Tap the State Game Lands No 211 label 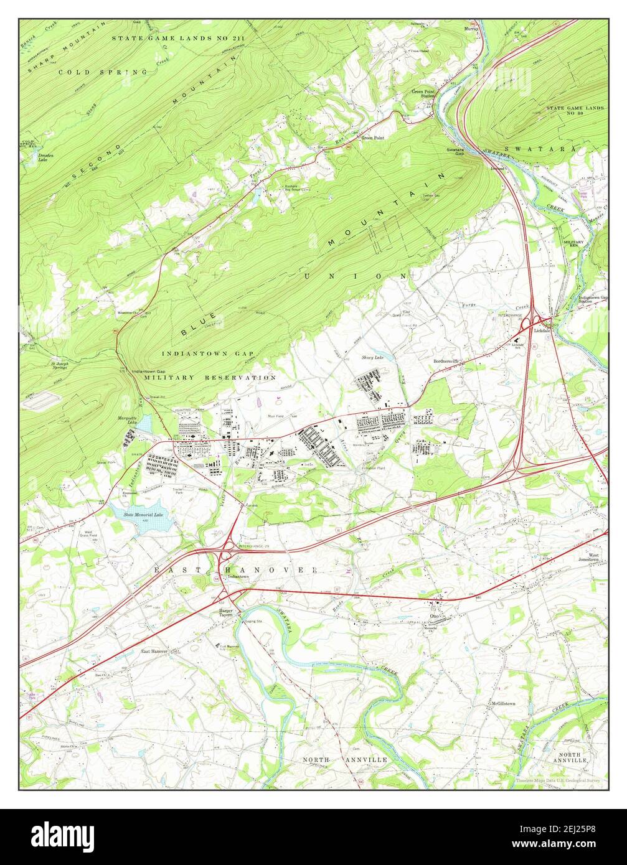tap(178, 39)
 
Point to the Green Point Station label tap(423, 94)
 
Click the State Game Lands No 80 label tap(575, 111)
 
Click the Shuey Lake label tap(373, 358)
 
